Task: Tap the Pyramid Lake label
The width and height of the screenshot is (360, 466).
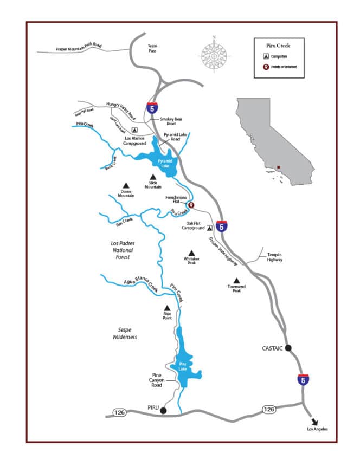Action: point(164,164)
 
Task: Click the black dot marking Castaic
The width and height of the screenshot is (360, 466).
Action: point(288,348)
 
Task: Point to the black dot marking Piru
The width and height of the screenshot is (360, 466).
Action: point(163,411)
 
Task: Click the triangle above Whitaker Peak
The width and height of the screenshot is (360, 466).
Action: point(191,253)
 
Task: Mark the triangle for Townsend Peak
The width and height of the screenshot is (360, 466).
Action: point(236,280)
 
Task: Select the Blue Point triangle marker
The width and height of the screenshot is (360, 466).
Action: point(167,307)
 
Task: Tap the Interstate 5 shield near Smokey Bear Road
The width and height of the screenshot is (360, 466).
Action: point(152,107)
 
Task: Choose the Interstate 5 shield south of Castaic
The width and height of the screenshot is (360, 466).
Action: point(304,379)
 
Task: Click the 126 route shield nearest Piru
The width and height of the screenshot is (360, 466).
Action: point(120,413)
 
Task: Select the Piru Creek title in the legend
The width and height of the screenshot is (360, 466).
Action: point(279,47)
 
